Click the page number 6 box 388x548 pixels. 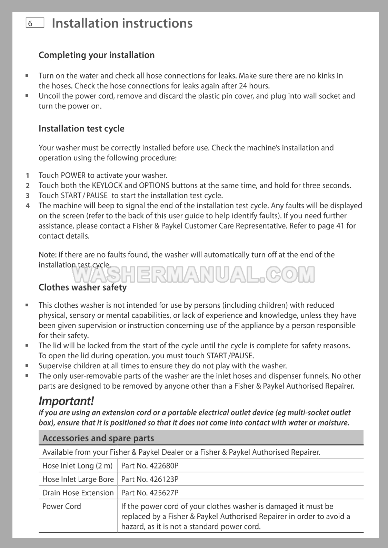click(34, 23)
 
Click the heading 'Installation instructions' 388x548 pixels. click(122, 23)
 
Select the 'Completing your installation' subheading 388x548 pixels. click(97, 55)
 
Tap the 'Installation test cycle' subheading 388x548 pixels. click(81, 128)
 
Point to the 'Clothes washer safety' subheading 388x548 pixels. click(82, 287)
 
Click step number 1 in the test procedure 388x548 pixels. click(28, 176)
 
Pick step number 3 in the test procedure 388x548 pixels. click(28, 196)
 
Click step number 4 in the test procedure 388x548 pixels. click(28, 206)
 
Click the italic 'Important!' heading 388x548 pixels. click(66, 401)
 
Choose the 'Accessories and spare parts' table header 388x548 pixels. click(98, 438)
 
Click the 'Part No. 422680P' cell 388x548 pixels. click(150, 466)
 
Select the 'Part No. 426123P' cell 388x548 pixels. click(150, 479)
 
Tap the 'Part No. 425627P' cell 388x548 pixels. click(150, 493)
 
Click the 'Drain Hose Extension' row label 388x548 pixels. click(78, 493)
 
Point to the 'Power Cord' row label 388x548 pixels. click(62, 506)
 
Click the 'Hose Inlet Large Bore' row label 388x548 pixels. click(78, 479)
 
